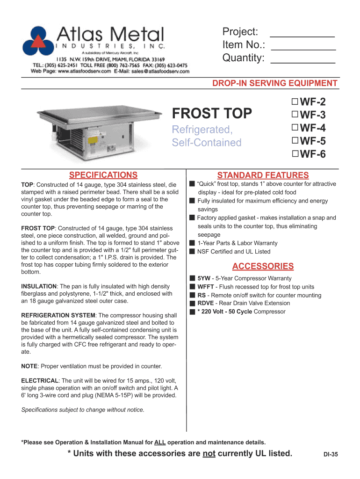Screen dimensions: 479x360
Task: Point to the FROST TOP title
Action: click(x=212, y=114)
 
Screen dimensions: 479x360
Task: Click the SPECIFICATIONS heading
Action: click(x=103, y=175)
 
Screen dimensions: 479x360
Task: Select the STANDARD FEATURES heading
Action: click(x=263, y=175)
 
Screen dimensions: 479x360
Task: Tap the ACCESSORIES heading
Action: click(x=263, y=266)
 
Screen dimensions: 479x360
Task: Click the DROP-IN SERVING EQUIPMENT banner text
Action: click(x=275, y=83)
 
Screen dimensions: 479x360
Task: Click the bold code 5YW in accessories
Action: click(x=204, y=278)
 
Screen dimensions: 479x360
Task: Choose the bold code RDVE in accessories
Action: click(x=206, y=304)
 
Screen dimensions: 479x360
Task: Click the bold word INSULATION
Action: click(x=38, y=286)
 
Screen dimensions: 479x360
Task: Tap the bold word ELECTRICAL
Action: click(x=40, y=381)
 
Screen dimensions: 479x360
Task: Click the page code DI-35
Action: click(x=331, y=454)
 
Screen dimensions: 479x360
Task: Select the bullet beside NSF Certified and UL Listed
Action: click(x=192, y=252)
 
